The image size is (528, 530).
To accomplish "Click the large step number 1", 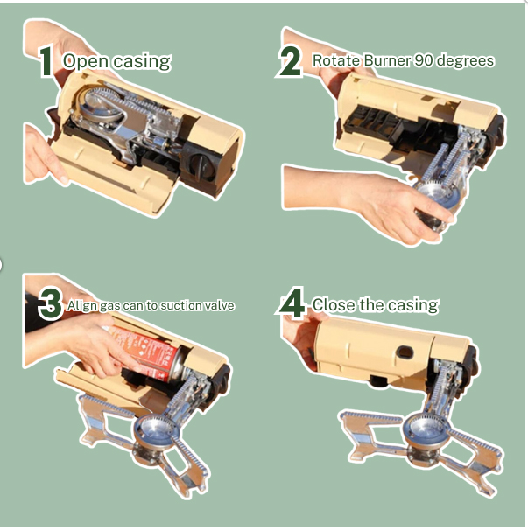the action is [46, 61].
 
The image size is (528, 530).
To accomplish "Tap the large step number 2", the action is [290, 61].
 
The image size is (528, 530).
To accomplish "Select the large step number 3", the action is [51, 304].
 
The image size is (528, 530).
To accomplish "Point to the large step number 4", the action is [292, 303].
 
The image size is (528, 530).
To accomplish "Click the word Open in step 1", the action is [87, 62].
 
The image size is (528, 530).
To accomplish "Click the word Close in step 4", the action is [334, 304].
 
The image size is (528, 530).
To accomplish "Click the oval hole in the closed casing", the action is [405, 352].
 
